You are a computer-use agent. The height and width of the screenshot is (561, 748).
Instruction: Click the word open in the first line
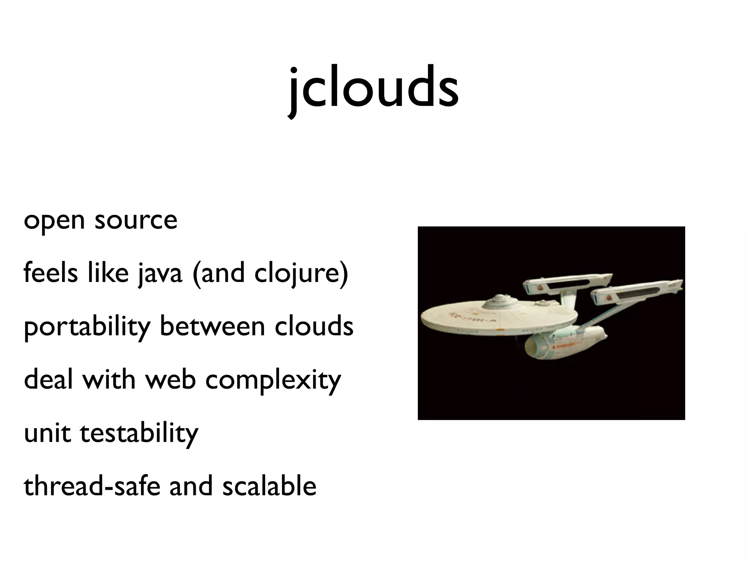[54, 221]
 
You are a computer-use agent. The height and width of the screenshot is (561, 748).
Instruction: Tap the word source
[136, 221]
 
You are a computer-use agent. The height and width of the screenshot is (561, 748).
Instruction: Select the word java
[160, 274]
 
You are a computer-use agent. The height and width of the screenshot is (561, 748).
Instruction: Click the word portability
[87, 327]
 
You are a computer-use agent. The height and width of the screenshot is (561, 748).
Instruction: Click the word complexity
[273, 380]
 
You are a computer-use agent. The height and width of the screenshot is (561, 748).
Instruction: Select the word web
[171, 379]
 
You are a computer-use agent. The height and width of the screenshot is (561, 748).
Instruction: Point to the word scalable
[269, 486]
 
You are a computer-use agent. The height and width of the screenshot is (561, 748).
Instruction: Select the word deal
[49, 379]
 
